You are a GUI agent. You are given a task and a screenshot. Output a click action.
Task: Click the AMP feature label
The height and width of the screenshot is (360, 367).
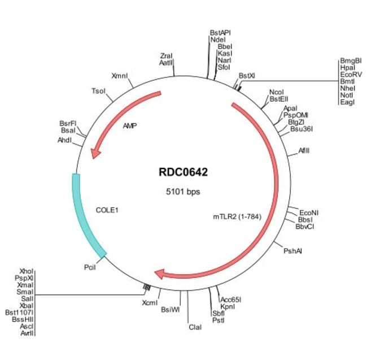click(x=130, y=127)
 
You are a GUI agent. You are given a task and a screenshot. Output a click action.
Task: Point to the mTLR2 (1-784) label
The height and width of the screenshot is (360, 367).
click(x=237, y=216)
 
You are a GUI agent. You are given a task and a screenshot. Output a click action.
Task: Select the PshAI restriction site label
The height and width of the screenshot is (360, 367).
click(x=293, y=251)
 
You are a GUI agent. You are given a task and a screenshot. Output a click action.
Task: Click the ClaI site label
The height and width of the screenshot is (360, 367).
click(x=195, y=327)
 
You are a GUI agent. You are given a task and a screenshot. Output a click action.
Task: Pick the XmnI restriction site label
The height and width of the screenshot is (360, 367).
click(x=120, y=76)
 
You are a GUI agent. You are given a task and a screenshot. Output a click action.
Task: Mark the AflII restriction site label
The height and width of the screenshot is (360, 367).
click(x=304, y=151)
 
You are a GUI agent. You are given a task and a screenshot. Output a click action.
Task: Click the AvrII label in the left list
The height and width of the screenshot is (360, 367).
click(x=27, y=333)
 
